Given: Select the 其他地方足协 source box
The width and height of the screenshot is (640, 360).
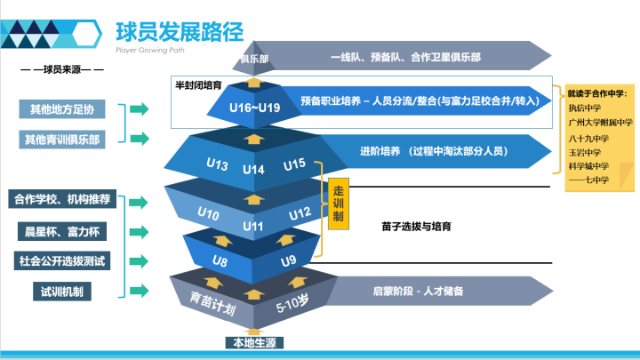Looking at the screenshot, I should pos(62,109).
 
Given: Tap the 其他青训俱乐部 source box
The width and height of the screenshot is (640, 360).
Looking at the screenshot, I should pos(62,139).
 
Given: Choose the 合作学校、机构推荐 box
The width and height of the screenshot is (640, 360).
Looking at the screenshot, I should pos(62,199).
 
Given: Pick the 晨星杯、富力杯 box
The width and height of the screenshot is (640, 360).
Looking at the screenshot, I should pos(62,231).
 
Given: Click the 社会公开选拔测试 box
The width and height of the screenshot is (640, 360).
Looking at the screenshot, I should pos(62,261).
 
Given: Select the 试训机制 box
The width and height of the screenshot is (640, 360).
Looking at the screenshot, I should pos(62,291).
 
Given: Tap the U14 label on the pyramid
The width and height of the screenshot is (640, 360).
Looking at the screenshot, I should pos(254,169).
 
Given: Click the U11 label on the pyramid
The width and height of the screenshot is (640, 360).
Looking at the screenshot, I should pos(254,226).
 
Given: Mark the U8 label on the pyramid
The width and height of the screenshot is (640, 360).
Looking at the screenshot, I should pos(220,260).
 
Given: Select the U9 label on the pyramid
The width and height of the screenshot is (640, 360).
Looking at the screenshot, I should pos(288,260).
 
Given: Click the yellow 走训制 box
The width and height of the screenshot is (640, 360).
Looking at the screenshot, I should pos(338,204).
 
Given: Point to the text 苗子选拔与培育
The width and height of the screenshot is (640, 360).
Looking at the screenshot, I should pos(416,227).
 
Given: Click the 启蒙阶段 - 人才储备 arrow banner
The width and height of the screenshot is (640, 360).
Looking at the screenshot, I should pos(418,291).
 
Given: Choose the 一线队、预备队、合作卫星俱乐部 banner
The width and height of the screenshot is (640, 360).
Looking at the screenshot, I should pos(405,57).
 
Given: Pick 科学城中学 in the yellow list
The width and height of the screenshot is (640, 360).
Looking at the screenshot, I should pos(589,165).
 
